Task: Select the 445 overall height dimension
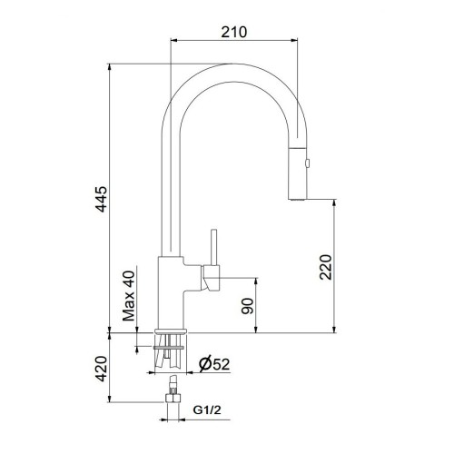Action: [x=102, y=201]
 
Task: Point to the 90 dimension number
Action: [x=246, y=306]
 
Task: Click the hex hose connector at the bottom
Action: [x=170, y=400]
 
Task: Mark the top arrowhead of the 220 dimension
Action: [x=336, y=197]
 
